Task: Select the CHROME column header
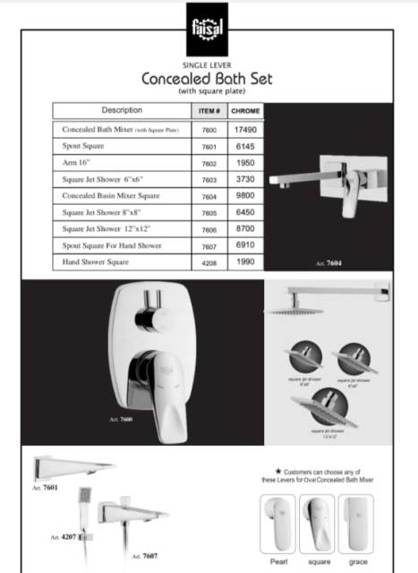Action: click(243, 111)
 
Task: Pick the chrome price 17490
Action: click(244, 130)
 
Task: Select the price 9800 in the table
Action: click(244, 196)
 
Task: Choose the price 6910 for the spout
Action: click(244, 245)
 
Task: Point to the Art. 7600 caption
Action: click(121, 419)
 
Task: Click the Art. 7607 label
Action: click(146, 556)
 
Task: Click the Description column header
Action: click(122, 111)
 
